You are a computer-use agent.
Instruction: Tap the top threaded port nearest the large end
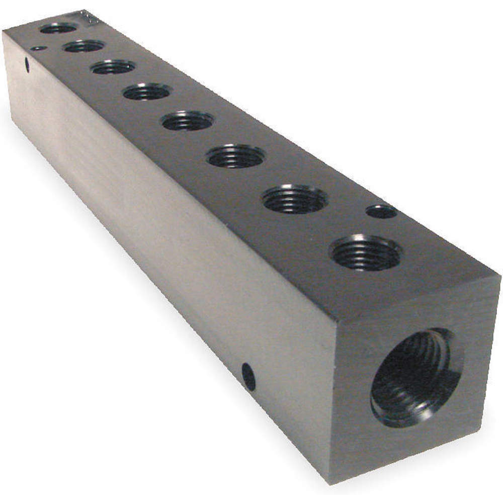[366, 253]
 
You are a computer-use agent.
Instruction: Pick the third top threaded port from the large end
[236, 156]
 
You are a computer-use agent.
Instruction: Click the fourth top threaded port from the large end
[187, 121]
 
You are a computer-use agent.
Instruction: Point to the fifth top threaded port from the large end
[147, 92]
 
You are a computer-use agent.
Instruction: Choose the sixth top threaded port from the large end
[113, 67]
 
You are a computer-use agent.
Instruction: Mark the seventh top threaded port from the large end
[83, 46]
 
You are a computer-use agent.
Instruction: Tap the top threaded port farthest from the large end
[58, 28]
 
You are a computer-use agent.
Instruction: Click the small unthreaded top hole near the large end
[381, 211]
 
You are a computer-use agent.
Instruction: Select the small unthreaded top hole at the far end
[38, 48]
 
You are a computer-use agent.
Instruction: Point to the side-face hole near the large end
[248, 377]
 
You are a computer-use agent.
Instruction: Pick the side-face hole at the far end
[27, 64]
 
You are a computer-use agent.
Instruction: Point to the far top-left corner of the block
[4, 31]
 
